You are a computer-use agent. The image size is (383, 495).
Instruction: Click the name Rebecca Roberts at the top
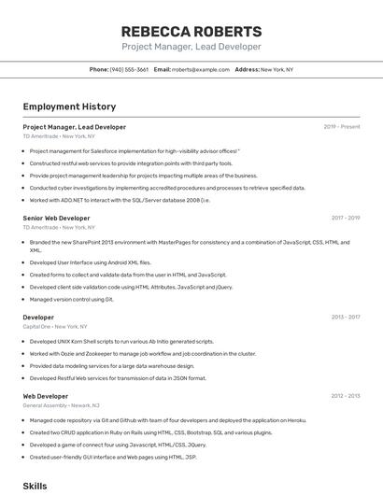click(191, 31)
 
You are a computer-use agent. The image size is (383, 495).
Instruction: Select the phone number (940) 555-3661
click(129, 69)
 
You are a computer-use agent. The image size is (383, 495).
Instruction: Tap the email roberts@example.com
click(201, 69)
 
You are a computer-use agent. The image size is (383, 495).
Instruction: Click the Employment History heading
click(63, 107)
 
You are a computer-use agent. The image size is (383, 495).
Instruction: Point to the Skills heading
click(35, 486)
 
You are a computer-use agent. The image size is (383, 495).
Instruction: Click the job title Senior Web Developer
click(56, 218)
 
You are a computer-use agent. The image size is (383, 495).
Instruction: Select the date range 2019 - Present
click(342, 127)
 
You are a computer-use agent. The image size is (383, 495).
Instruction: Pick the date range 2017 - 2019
click(346, 218)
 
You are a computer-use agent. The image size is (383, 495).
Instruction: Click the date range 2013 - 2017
click(346, 318)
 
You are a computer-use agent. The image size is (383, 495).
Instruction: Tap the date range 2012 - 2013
click(346, 396)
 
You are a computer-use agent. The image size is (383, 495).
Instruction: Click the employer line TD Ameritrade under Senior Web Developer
click(58, 227)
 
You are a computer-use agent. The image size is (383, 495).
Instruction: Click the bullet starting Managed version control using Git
click(71, 300)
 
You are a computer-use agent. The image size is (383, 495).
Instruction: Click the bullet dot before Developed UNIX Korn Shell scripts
click(23, 342)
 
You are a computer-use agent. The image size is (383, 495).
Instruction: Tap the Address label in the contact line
click(247, 69)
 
